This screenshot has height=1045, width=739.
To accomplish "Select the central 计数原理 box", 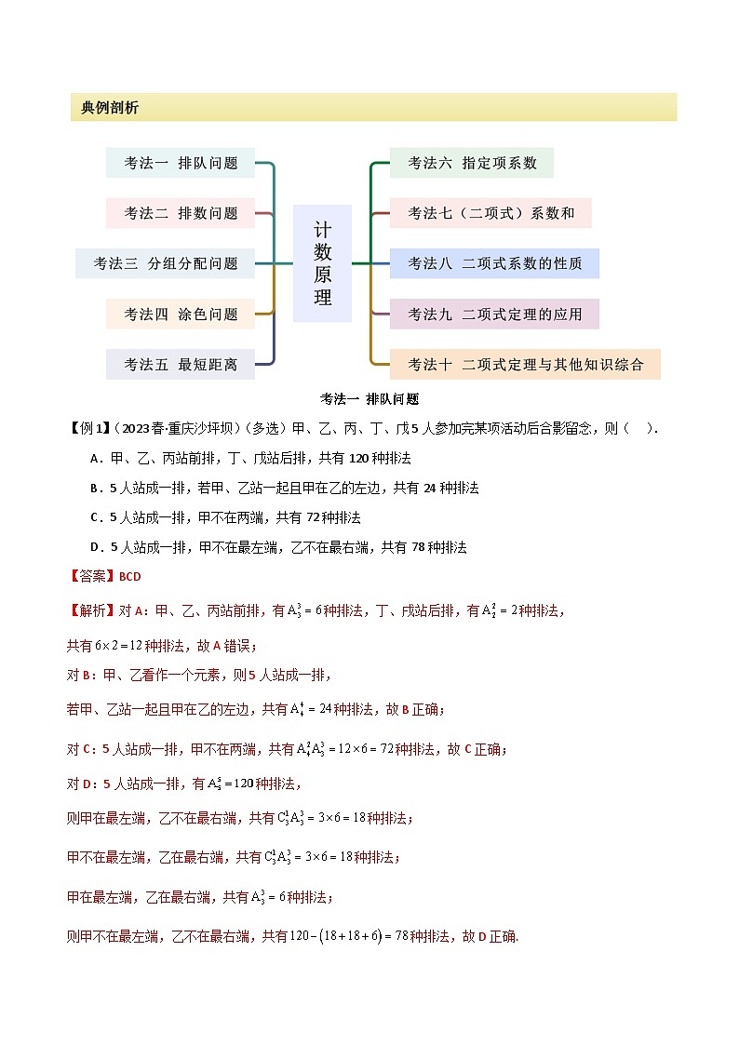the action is tap(322, 263).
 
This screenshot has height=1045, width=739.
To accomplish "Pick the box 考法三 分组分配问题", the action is tap(165, 263).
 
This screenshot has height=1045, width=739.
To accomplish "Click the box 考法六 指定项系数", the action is tap(472, 163).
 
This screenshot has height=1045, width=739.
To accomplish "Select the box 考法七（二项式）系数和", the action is tap(490, 213).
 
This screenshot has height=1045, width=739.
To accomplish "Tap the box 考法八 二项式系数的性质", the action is tap(494, 263).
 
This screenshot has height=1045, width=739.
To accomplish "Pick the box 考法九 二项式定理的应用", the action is tap(494, 315).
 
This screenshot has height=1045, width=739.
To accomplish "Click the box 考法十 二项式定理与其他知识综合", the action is tap(525, 365).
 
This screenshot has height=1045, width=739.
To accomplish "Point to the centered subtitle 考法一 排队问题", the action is tap(369, 399).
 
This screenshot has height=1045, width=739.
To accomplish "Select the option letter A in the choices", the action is tap(95, 459).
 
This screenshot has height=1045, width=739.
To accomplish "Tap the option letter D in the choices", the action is tap(95, 547).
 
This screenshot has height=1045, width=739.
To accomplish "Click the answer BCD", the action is tap(130, 577).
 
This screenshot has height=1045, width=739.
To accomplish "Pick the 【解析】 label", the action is tap(92, 610).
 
